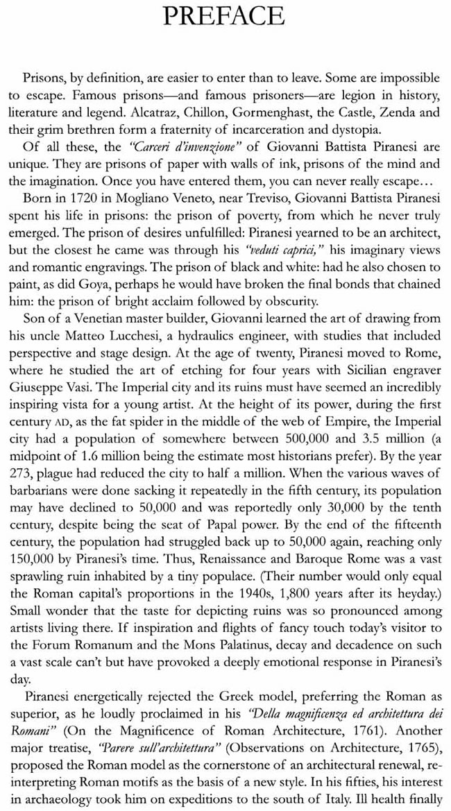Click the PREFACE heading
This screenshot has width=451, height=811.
click(x=223, y=15)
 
